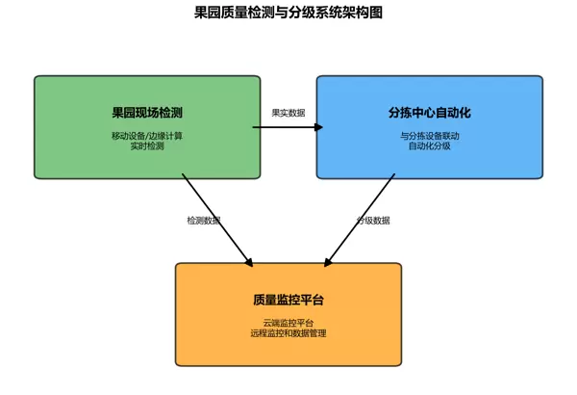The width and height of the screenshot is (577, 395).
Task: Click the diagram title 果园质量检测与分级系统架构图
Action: click(x=288, y=13)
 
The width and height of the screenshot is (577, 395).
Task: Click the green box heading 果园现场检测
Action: click(x=147, y=113)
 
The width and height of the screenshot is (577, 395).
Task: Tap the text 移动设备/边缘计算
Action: click(x=147, y=136)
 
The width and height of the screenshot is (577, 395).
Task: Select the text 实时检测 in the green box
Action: click(x=147, y=146)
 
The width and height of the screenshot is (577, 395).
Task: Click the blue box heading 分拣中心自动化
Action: click(x=430, y=113)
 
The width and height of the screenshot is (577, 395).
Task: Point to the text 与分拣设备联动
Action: click(x=430, y=136)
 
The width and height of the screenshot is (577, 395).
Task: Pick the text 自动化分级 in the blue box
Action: click(x=430, y=146)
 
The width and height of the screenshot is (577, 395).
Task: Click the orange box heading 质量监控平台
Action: click(x=288, y=301)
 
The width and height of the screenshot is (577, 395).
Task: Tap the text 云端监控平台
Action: click(x=288, y=323)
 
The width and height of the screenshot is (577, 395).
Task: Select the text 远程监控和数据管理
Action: click(x=288, y=333)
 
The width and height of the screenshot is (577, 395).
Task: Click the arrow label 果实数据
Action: click(x=288, y=113)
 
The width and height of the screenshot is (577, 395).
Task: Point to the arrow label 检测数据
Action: click(x=204, y=221)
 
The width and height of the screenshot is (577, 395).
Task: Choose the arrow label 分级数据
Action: click(x=373, y=221)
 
